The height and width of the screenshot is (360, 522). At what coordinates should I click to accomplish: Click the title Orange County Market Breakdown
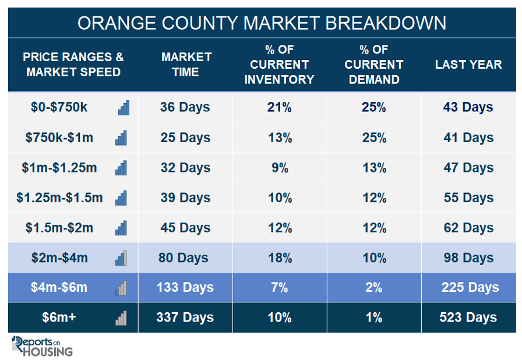tap(262, 23)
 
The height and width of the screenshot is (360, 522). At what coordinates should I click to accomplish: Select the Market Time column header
tap(186, 65)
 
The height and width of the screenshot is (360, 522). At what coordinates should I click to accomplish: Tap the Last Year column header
tap(468, 65)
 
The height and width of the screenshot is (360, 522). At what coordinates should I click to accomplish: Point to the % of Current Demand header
tap(374, 65)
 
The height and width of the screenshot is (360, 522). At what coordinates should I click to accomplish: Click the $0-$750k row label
tap(59, 107)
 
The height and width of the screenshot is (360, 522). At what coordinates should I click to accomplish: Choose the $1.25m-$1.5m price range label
tap(59, 197)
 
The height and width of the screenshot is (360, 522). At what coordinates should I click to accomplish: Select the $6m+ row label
tap(59, 317)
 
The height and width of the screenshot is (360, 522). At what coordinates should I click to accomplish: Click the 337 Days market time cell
tap(185, 317)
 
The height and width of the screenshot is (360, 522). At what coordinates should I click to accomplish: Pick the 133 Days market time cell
tap(185, 287)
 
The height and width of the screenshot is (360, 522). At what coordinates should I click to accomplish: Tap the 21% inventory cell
tap(279, 107)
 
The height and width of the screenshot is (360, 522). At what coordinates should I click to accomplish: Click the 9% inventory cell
tap(280, 168)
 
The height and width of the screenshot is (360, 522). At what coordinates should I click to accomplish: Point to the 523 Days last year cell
tap(468, 317)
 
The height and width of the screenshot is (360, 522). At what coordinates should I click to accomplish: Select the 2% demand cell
tap(374, 287)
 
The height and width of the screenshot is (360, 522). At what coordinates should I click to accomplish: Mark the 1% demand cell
tap(374, 317)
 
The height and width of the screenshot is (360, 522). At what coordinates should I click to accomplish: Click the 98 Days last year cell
tap(468, 258)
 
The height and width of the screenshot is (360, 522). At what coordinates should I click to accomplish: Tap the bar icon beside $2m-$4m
tap(121, 258)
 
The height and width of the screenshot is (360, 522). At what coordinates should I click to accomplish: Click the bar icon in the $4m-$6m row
tap(121, 288)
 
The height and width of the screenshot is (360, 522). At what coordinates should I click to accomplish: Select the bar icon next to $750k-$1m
tap(121, 137)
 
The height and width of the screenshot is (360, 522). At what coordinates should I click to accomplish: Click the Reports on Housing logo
tap(42, 346)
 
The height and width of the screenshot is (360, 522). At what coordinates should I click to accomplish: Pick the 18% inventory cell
tap(280, 258)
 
